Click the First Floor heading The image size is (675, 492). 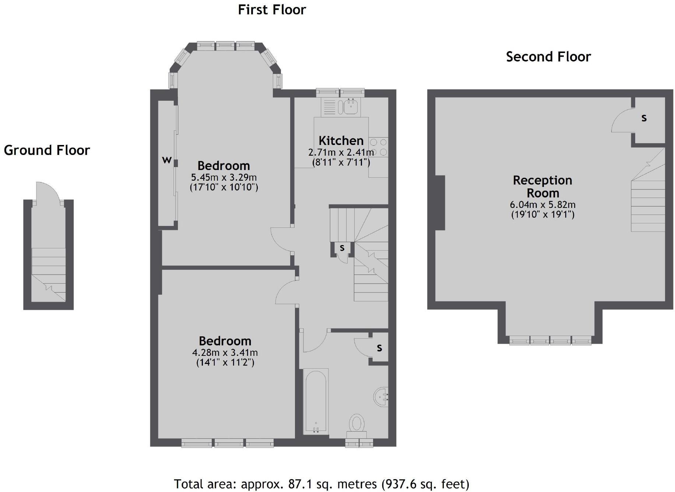(x=272, y=10)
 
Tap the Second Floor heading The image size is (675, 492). (x=548, y=57)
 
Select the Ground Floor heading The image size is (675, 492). (x=47, y=151)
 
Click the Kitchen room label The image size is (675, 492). (x=341, y=141)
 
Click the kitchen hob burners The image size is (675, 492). (x=379, y=147)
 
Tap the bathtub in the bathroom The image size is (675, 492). (x=316, y=401)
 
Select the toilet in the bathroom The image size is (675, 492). (x=356, y=424)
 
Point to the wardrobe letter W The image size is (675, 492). (x=167, y=160)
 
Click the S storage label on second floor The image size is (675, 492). (x=644, y=118)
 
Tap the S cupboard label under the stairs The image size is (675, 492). (x=342, y=248)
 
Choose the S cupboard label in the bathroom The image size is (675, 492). (x=379, y=348)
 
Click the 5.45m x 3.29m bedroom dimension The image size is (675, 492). (x=224, y=177)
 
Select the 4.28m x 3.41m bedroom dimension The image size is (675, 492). (x=225, y=353)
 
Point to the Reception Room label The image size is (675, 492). (x=542, y=187)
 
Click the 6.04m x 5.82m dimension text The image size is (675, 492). (x=542, y=205)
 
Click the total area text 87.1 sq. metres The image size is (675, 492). (x=321, y=484)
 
